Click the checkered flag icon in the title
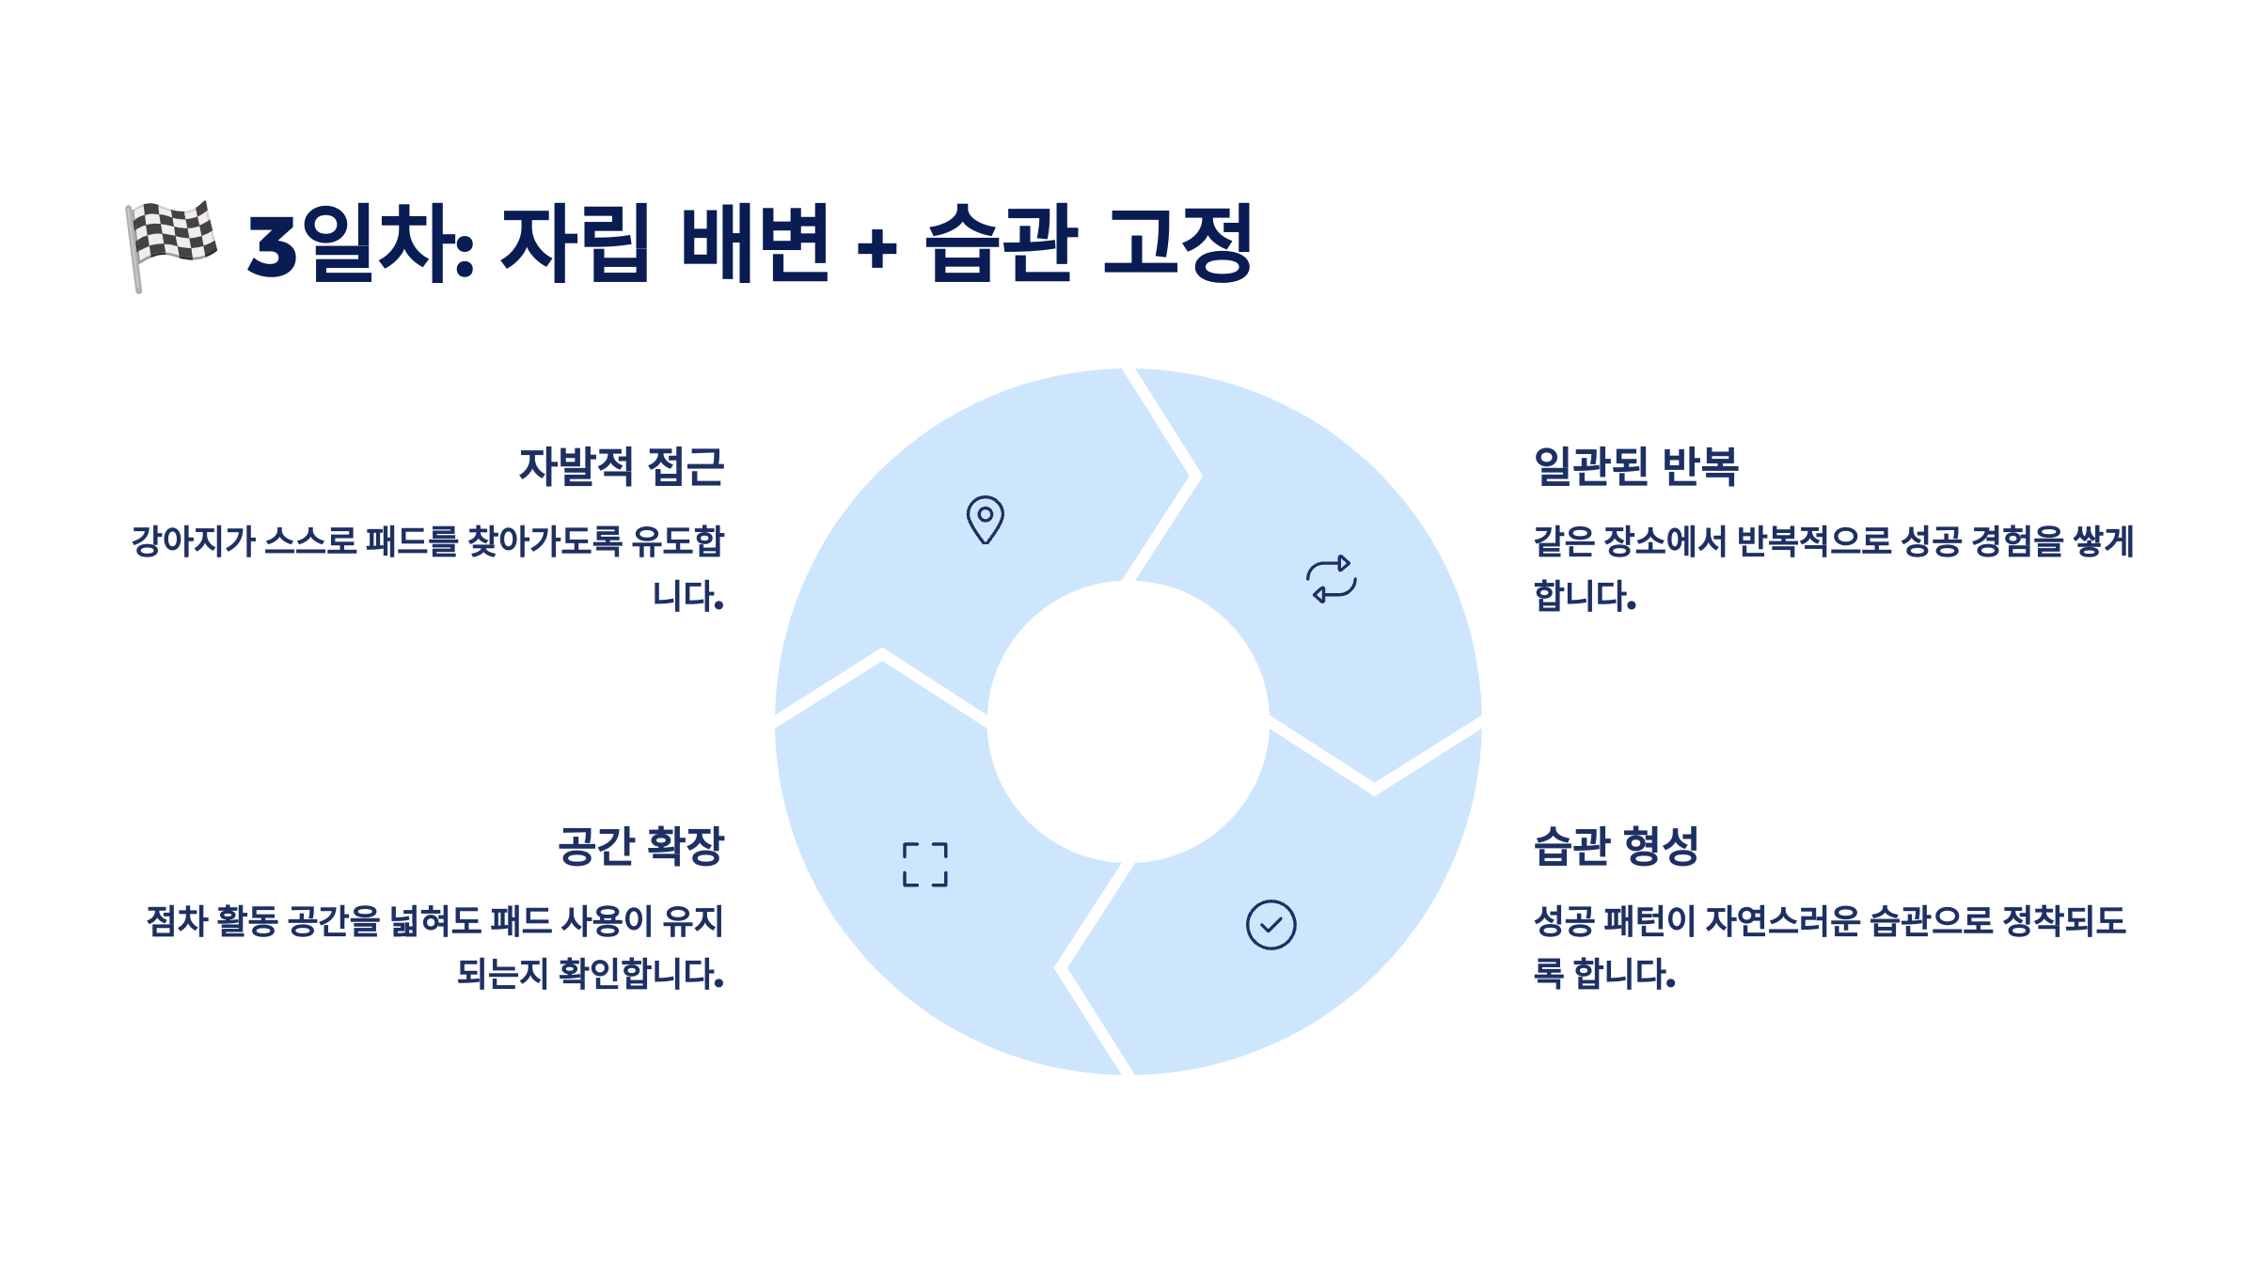(x=171, y=243)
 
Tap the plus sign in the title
(x=876, y=249)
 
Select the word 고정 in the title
(x=1176, y=243)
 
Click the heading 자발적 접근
(x=622, y=466)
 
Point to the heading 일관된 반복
(x=1636, y=466)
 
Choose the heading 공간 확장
(x=641, y=846)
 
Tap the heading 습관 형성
(x=1616, y=846)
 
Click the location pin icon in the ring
(x=985, y=519)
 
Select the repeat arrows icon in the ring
(x=1332, y=578)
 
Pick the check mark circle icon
(x=1271, y=925)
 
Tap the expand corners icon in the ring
(x=925, y=865)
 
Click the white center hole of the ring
(x=1128, y=722)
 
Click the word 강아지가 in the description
(x=193, y=541)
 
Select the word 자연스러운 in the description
(x=1782, y=921)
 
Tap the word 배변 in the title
(x=754, y=243)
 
